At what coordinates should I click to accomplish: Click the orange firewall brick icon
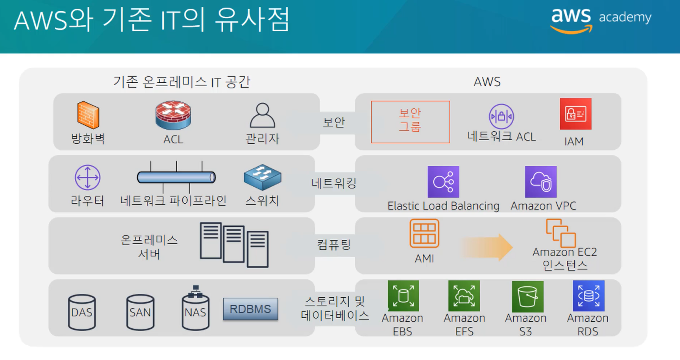coord(88,115)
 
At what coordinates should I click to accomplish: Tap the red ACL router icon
coord(173,115)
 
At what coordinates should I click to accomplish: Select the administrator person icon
coord(262,115)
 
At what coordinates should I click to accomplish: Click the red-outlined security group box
coord(410,122)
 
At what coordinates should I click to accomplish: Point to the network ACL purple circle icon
coord(501,116)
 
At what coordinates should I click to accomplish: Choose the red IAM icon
coord(576,114)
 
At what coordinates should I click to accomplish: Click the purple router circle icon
coord(88,178)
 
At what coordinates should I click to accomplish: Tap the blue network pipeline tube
coord(176,177)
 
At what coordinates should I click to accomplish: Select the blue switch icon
coord(262,177)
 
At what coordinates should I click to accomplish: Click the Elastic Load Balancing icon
coord(443,182)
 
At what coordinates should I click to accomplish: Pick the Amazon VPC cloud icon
coord(541,182)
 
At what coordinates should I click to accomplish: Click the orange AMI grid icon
coord(424,233)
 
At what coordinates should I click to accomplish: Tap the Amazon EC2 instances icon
coord(561,233)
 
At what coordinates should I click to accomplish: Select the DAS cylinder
coord(82,312)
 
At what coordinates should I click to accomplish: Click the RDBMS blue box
coord(250,309)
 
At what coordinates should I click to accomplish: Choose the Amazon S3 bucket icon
coord(527,296)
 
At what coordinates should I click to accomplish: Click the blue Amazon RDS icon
coord(589,296)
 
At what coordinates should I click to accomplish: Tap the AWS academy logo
coord(601,19)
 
